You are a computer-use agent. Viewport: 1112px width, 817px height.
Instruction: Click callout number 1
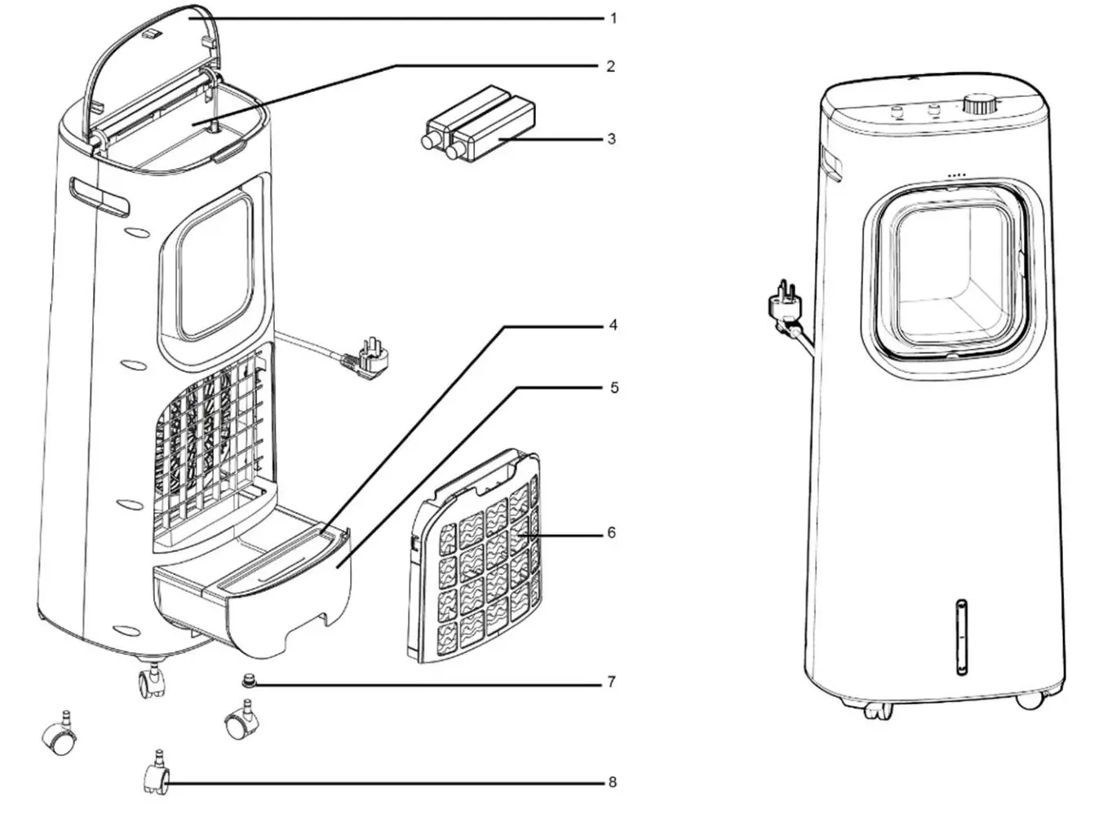pyautogui.click(x=614, y=18)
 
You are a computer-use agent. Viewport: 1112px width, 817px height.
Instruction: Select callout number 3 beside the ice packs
pyautogui.click(x=612, y=139)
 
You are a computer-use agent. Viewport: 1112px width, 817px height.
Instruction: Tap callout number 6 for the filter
pyautogui.click(x=611, y=533)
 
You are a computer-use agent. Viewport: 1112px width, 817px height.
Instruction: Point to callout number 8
pyautogui.click(x=612, y=783)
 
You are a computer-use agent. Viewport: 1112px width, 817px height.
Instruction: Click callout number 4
pyautogui.click(x=613, y=325)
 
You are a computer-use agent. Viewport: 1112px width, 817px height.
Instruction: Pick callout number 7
pyautogui.click(x=612, y=682)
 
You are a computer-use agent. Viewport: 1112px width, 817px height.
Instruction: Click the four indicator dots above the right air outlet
pyautogui.click(x=958, y=175)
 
